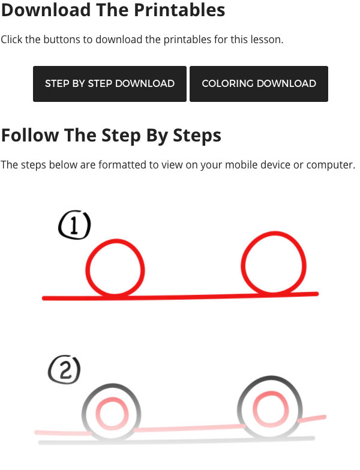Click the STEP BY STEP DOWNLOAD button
109,84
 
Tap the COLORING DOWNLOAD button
259,84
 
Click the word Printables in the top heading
179,10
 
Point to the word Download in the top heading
46,10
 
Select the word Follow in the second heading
30,135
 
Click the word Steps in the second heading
197,135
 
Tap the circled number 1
74,225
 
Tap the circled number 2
65,369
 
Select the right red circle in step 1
243,264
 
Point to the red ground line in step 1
180,296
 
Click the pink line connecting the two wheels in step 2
190,428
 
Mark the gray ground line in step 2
176,440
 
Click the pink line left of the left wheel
63,433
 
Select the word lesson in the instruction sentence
265,40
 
